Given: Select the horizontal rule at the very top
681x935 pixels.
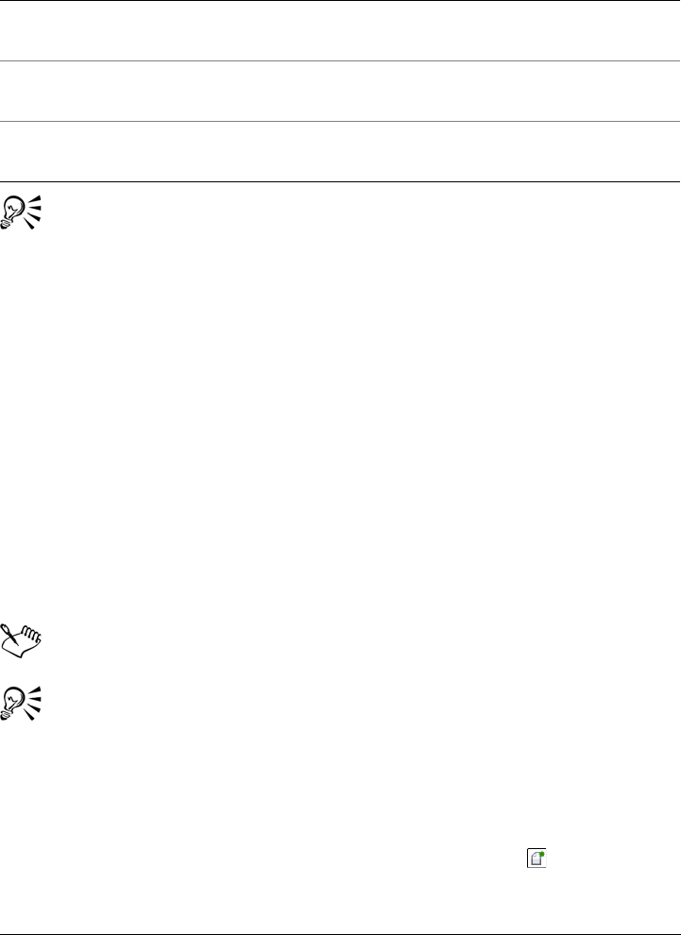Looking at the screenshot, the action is click(340, 1).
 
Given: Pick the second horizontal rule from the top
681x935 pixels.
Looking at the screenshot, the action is click(340, 61).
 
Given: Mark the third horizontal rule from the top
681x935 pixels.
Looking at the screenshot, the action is click(340, 121).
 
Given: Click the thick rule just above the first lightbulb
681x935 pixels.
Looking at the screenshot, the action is click(340, 181).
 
